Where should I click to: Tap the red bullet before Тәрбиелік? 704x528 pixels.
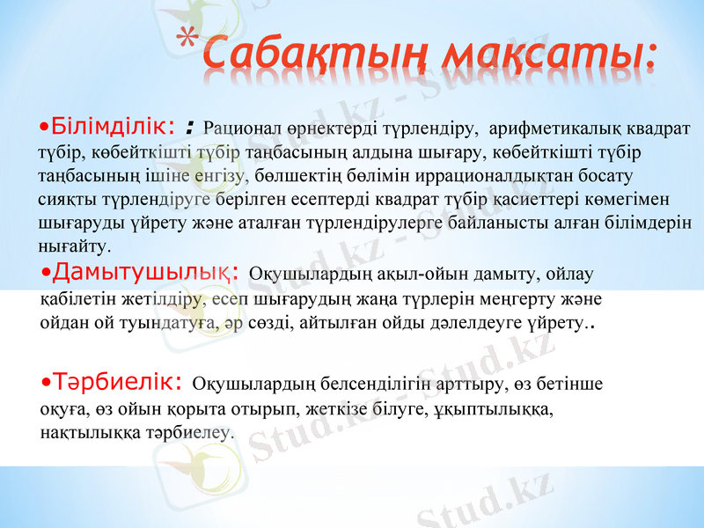tap(47, 385)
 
